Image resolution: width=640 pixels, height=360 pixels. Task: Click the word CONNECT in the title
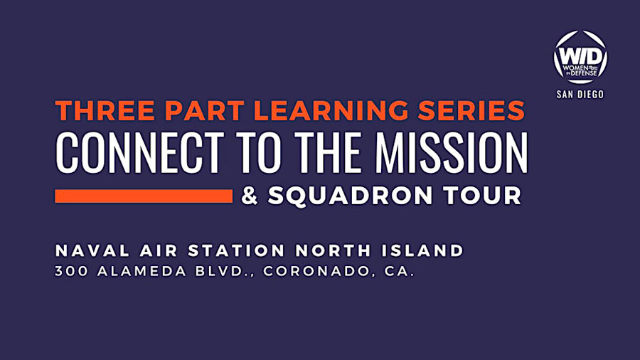point(139,153)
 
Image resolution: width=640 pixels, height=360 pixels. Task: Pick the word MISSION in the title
point(452,153)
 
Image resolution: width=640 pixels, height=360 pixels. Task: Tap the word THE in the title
point(328,153)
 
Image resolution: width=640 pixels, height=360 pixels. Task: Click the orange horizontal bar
point(144,196)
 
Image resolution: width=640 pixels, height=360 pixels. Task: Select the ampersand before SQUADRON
point(250,196)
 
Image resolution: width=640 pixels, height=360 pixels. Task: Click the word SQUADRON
point(350,196)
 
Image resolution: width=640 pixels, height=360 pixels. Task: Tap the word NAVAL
point(92,250)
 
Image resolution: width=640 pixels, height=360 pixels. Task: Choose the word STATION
point(236,250)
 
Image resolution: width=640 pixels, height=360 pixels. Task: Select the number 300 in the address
point(71,271)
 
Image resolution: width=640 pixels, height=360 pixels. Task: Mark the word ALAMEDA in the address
point(142,271)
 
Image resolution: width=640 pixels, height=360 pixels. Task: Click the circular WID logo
point(580,58)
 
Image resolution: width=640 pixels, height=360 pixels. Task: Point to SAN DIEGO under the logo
point(580,95)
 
